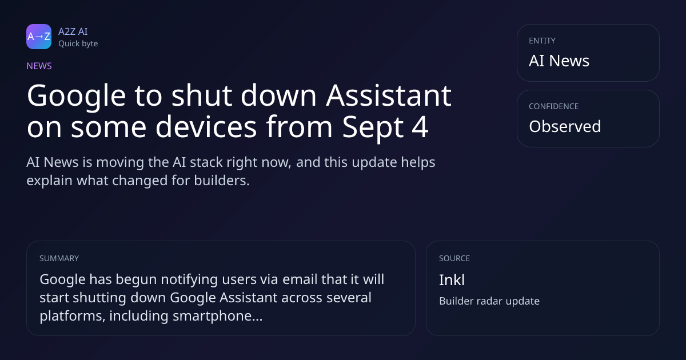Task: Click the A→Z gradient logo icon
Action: point(39,37)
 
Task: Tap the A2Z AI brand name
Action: point(73,31)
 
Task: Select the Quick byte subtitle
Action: point(78,44)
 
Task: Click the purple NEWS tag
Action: point(39,66)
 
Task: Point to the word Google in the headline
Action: point(76,97)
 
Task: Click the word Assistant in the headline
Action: point(388,95)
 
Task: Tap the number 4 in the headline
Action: point(420,126)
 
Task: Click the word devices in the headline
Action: point(206,126)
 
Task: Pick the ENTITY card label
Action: point(542,41)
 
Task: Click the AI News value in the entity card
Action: point(559,61)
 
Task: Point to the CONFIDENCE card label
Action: point(554,106)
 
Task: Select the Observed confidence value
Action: point(565,126)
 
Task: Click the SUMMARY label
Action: point(59,258)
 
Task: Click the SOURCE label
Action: point(454,258)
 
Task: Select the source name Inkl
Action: point(452,280)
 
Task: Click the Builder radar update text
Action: point(489,301)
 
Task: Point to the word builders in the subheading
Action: point(221,181)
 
